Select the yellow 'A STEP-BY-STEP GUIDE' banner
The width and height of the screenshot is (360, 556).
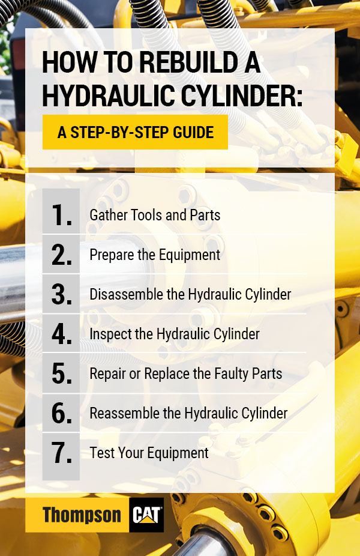(135, 132)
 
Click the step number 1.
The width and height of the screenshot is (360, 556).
(62, 215)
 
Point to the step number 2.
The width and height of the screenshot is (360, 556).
(62, 255)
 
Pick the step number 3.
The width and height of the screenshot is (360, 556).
(62, 294)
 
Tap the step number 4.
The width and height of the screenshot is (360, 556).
(62, 334)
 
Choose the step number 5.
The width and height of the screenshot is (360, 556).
(62, 373)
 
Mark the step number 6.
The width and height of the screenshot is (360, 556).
(62, 414)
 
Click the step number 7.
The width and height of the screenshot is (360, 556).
(62, 453)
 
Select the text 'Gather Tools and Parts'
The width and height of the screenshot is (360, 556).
(155, 215)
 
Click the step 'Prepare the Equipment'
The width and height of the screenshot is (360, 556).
(155, 255)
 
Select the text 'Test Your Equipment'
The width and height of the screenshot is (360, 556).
(149, 453)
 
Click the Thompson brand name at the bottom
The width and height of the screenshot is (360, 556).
(82, 515)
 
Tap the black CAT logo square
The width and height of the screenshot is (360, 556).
(146, 515)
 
